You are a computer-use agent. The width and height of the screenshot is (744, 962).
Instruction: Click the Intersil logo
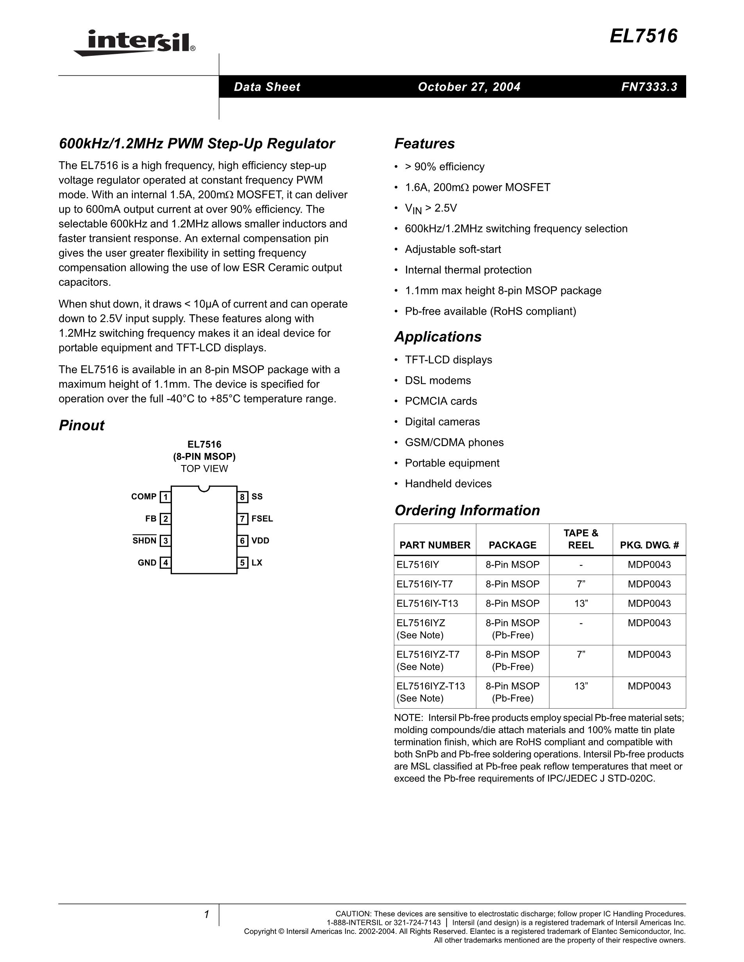point(135,43)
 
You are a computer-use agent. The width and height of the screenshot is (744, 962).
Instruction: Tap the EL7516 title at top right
point(643,36)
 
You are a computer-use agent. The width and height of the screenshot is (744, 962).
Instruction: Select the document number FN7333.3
point(649,87)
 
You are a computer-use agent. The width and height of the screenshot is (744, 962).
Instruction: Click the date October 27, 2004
point(469,87)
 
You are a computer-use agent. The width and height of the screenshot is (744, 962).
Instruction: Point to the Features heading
point(424,144)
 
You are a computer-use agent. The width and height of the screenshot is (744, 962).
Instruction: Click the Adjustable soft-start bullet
point(452,249)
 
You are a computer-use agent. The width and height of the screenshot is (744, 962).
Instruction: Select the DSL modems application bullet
point(438,381)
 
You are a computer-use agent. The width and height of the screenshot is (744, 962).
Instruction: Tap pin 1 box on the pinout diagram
point(165,497)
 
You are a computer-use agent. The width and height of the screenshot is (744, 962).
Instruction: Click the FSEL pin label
point(262,519)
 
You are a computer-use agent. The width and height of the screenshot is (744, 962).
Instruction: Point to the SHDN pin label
point(145,541)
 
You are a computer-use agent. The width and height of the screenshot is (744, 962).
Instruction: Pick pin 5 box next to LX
point(242,563)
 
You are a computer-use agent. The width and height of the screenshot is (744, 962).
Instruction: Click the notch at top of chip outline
point(204,488)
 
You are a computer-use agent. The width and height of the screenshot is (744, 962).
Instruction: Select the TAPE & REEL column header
point(581,539)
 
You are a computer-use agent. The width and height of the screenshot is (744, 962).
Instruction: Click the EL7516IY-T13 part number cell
point(427,604)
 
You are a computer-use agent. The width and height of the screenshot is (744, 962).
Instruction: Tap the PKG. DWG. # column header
point(649,545)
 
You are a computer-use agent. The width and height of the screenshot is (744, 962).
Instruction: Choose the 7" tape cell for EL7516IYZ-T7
point(581,655)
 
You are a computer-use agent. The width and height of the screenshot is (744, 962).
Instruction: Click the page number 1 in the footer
point(206,915)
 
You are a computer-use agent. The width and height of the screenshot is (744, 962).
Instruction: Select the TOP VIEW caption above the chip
point(204,469)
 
